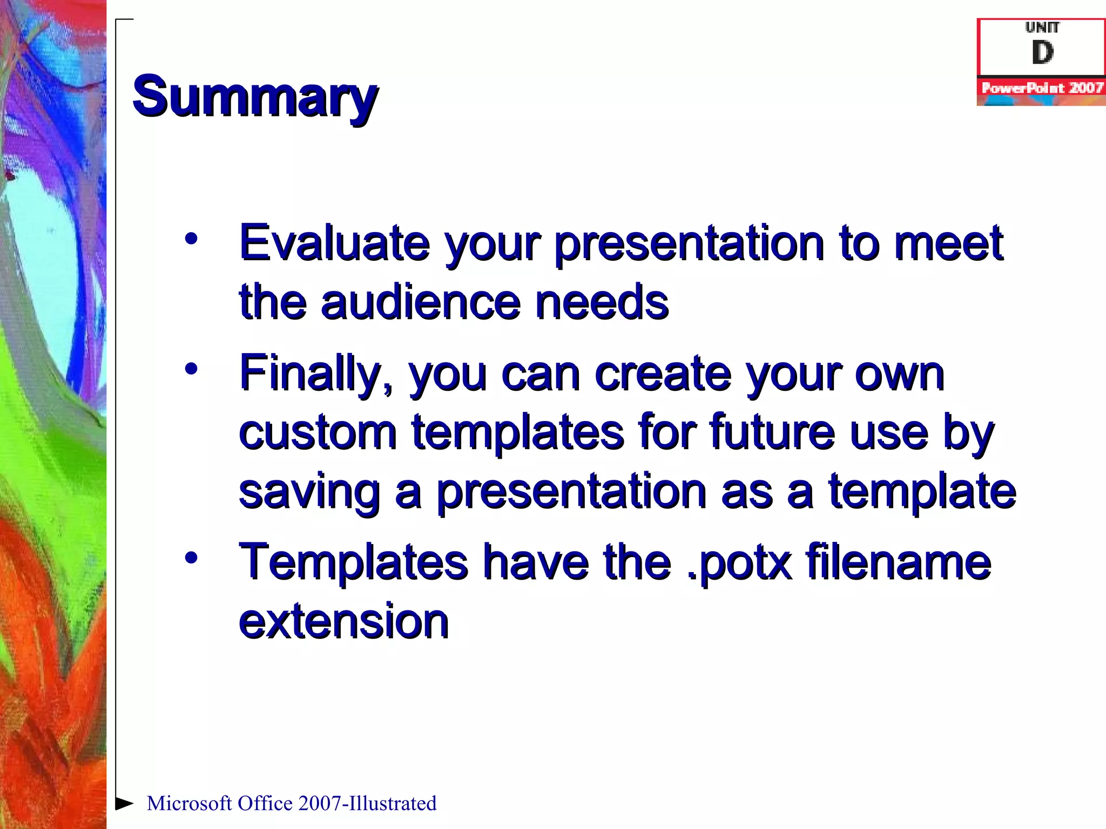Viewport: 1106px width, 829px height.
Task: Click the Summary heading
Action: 255,97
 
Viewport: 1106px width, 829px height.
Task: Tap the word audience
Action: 421,302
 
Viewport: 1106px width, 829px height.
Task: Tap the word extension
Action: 344,622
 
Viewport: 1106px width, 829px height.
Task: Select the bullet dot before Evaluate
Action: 191,238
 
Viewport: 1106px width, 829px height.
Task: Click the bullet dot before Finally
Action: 191,369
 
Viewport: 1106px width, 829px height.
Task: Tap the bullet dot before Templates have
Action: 191,558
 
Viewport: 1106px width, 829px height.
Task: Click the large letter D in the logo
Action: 1042,53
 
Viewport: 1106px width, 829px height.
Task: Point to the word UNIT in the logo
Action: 1042,27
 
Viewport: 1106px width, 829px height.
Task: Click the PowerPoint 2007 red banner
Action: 1041,88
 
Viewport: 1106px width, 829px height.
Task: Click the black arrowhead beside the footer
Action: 124,803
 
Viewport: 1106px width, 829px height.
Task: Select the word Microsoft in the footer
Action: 190,804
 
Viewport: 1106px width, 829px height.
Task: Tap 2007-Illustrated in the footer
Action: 367,804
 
